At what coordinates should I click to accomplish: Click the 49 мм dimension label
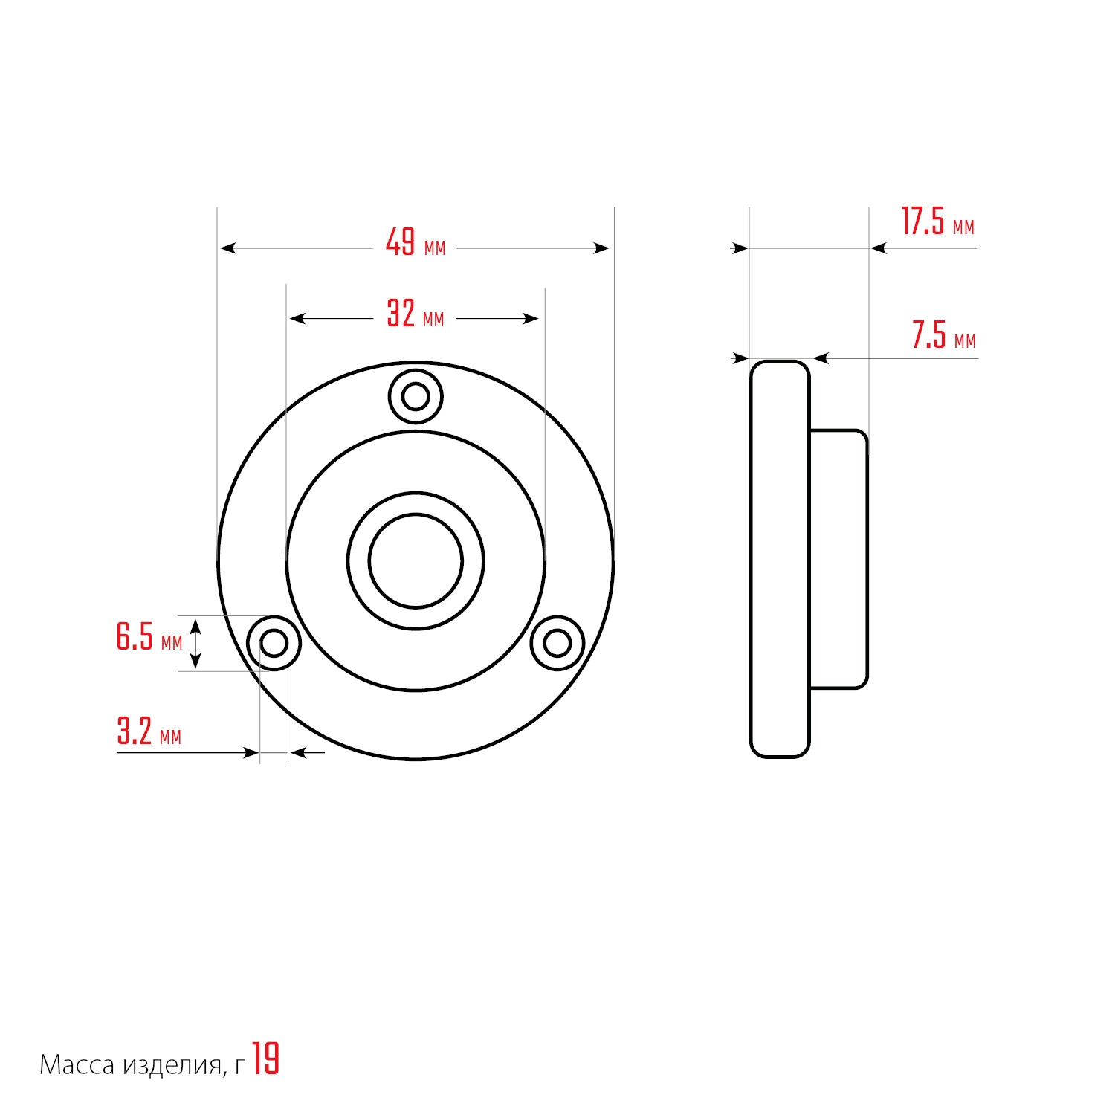416,242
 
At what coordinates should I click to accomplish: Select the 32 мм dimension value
416,314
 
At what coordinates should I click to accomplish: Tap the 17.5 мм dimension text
937,222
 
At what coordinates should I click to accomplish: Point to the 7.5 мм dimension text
944,335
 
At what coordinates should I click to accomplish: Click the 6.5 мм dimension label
149,637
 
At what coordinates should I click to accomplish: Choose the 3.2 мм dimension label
149,731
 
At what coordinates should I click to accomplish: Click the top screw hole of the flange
416,396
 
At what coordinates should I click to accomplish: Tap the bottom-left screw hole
274,643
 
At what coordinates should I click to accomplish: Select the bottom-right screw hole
557,643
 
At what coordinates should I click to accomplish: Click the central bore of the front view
416,561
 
